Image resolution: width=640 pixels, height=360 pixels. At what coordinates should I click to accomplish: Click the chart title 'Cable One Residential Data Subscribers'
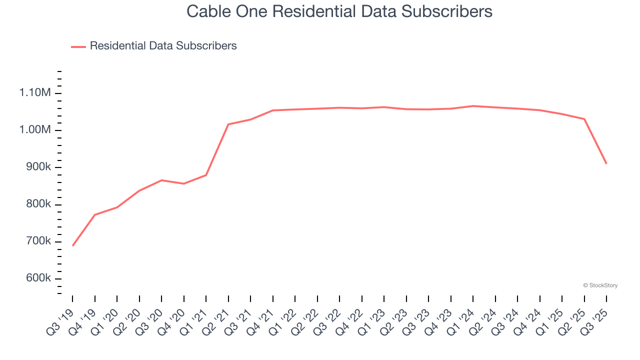pyautogui.click(x=339, y=11)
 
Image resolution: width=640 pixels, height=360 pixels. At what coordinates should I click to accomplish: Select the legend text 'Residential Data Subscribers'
pyautogui.click(x=163, y=46)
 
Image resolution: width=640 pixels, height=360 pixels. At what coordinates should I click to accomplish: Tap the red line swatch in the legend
pyautogui.click(x=78, y=46)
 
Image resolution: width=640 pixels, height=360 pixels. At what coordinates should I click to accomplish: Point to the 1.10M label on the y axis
pyautogui.click(x=35, y=93)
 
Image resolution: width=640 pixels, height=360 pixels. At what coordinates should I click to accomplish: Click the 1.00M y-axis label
pyautogui.click(x=35, y=130)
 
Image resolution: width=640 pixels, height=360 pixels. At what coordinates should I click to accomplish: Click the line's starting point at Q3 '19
pyautogui.click(x=73, y=245)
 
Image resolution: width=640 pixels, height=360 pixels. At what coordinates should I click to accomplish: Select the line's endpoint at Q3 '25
pyautogui.click(x=606, y=163)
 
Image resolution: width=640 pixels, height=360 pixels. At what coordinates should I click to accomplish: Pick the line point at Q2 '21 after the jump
pyautogui.click(x=228, y=124)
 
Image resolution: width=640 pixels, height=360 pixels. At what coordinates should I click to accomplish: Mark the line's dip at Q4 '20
pyautogui.click(x=184, y=183)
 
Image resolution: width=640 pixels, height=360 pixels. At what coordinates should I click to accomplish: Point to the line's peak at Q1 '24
pyautogui.click(x=473, y=106)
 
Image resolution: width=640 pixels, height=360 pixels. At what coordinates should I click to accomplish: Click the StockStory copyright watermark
pyautogui.click(x=600, y=285)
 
